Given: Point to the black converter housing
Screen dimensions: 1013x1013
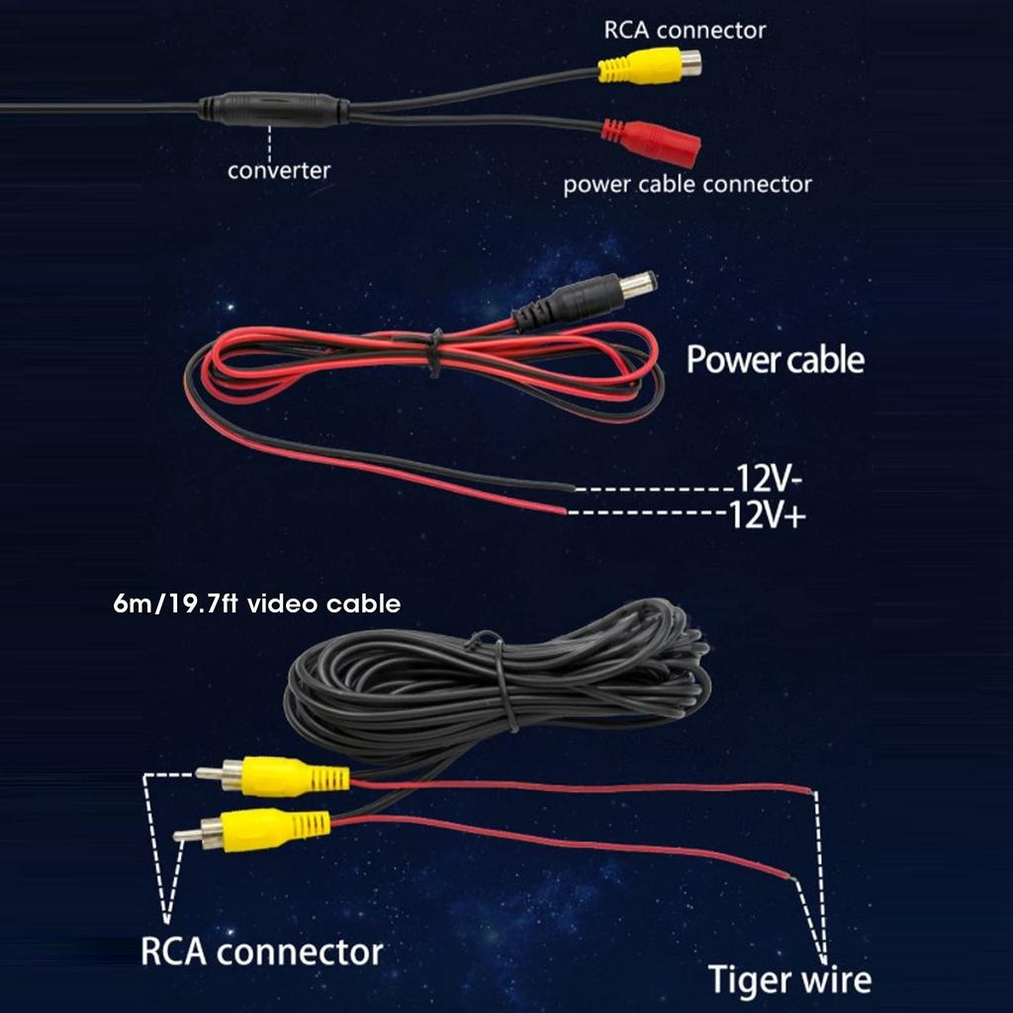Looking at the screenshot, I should coord(273,109).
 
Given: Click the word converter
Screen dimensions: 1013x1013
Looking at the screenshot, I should coord(279,170).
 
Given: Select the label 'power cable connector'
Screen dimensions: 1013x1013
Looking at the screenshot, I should coord(688,184).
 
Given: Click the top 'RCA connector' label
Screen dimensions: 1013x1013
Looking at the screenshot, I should coord(685,29).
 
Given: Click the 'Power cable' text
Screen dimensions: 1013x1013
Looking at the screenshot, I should coord(775,359).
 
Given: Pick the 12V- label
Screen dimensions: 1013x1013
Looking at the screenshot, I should coord(768,479).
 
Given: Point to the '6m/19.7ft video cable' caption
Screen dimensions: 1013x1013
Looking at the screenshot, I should coord(257,603).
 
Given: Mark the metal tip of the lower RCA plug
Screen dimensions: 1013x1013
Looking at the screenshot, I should coord(186,836).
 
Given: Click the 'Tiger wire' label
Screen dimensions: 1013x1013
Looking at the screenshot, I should coord(789,979).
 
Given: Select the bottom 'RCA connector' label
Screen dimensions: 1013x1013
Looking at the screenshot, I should coord(261,952).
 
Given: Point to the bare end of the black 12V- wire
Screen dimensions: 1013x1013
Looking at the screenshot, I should coord(571,488).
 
